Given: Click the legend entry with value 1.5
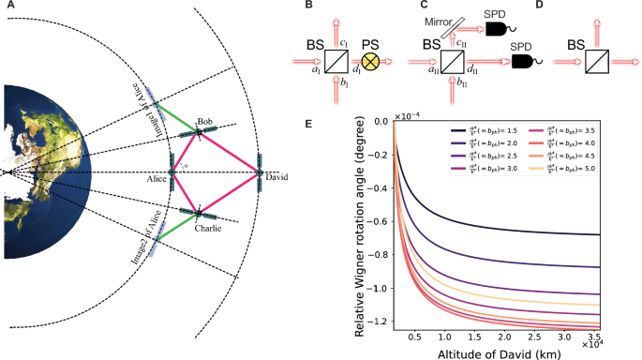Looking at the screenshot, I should (494, 135).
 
